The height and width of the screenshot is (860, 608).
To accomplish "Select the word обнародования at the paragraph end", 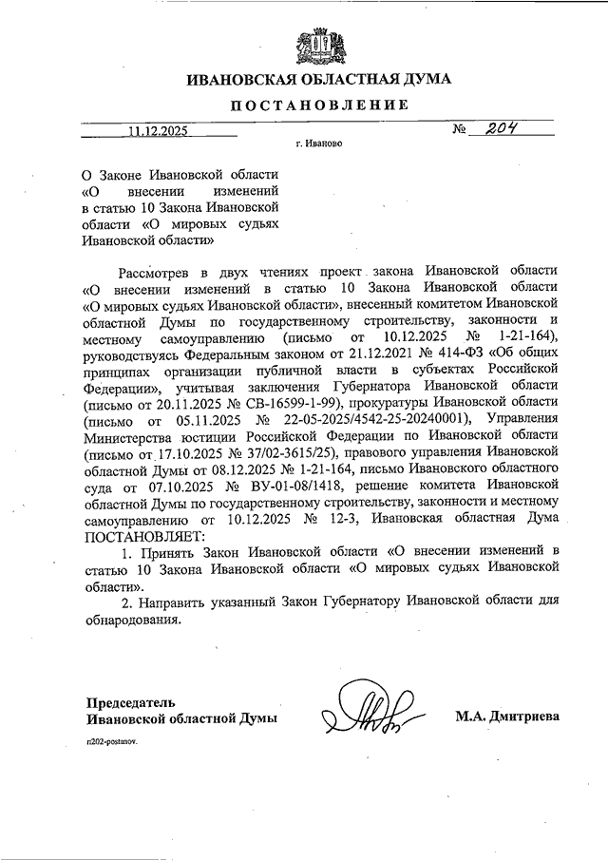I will pos(132,619).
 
